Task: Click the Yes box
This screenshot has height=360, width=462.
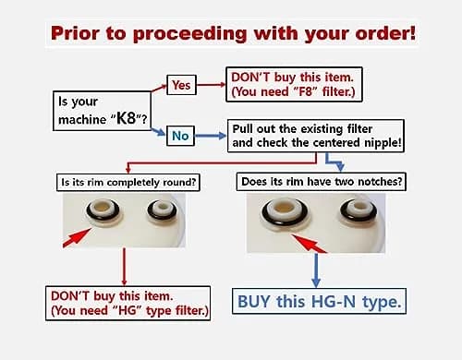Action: (x=181, y=85)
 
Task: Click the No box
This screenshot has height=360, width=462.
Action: (x=180, y=136)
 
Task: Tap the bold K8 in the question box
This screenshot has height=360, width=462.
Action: (x=127, y=117)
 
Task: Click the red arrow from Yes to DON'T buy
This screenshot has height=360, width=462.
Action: (x=212, y=85)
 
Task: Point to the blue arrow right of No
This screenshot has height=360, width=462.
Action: (x=211, y=136)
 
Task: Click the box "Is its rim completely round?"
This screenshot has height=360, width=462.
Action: (x=128, y=182)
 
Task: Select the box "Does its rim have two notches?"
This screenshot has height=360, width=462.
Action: (x=322, y=182)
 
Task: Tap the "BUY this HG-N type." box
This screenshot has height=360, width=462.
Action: (x=319, y=301)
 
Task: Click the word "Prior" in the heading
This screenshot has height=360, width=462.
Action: (x=75, y=33)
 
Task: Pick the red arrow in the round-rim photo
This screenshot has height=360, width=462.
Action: (x=77, y=237)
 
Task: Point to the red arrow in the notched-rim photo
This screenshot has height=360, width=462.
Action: (x=309, y=244)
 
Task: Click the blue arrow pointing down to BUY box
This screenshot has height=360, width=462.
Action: (x=316, y=270)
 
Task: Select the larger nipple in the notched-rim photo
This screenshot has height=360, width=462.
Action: (x=285, y=211)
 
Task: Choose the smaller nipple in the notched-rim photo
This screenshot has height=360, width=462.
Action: (x=359, y=210)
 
